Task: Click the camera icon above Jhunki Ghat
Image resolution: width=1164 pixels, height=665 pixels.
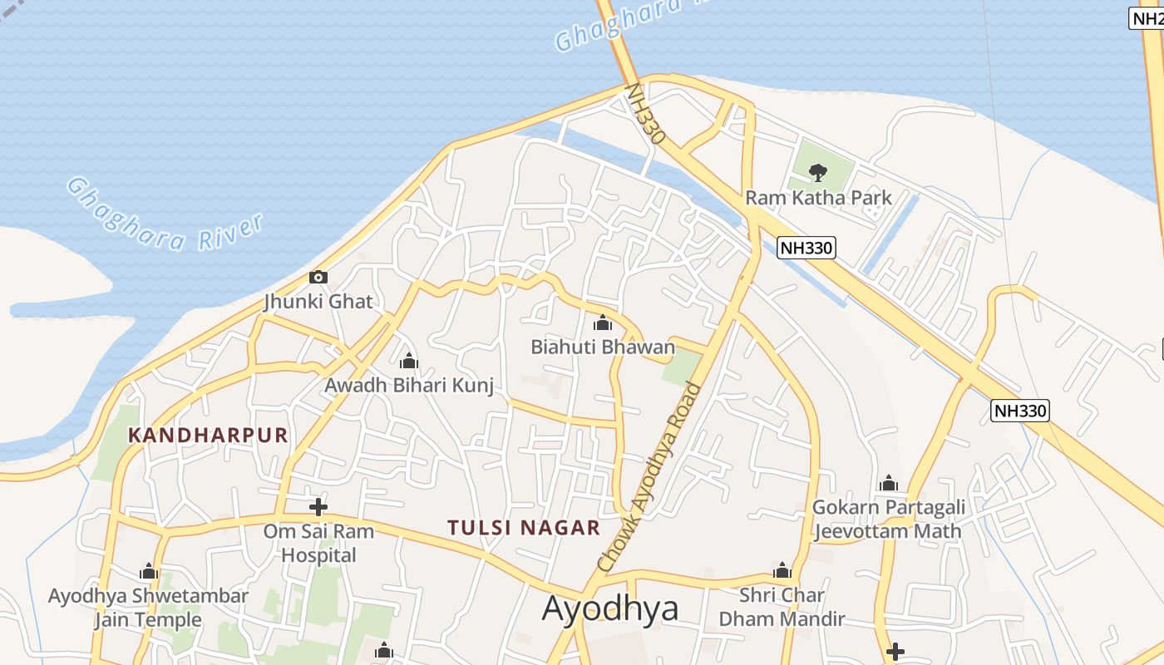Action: tap(318, 277)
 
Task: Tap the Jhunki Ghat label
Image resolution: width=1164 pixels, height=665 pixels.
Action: tap(318, 301)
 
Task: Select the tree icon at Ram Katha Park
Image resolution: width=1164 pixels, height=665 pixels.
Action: tap(818, 172)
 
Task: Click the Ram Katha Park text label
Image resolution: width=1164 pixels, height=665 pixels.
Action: tap(818, 198)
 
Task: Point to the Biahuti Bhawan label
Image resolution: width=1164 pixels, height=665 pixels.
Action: tap(603, 347)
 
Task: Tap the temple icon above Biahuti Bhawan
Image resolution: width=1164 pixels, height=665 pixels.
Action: tap(603, 323)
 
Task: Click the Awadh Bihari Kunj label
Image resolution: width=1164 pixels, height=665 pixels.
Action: tap(409, 386)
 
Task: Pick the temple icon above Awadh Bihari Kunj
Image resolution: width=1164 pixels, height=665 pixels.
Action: tap(408, 362)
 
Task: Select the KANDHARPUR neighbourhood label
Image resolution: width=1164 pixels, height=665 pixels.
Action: tap(208, 435)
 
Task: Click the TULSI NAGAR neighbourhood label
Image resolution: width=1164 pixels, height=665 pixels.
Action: tap(524, 528)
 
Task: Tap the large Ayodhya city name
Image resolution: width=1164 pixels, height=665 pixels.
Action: tap(610, 608)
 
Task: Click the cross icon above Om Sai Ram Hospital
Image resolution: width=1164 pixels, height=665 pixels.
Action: tap(318, 506)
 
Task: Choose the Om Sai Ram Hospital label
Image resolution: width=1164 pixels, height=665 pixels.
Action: tap(318, 543)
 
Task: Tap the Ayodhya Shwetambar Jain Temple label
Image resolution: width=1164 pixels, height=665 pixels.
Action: tap(148, 608)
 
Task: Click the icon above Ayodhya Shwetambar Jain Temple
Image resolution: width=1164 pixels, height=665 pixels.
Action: tap(149, 572)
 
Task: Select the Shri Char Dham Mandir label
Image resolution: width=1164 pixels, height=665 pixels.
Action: tap(782, 607)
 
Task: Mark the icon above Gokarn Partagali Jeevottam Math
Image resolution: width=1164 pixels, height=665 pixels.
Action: tap(889, 483)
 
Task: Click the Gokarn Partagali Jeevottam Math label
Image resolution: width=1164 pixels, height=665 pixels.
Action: tap(889, 519)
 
